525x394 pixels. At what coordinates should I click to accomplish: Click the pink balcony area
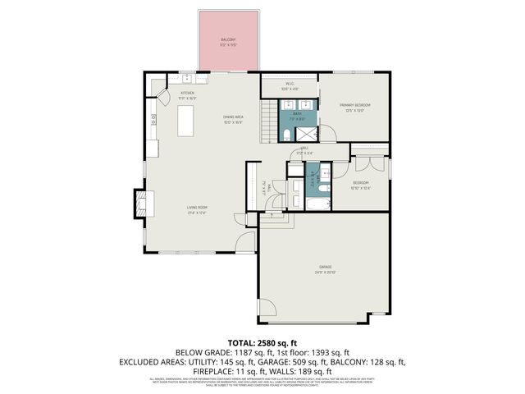[228, 41]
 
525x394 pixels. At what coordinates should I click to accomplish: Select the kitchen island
[188, 122]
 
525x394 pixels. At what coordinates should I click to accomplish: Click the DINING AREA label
[233, 118]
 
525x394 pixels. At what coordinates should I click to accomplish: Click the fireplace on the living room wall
[140, 202]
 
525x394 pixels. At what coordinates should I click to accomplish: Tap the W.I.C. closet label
[290, 85]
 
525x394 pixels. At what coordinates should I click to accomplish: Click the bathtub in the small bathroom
[317, 202]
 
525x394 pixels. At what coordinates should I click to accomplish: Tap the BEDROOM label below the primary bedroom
[362, 183]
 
